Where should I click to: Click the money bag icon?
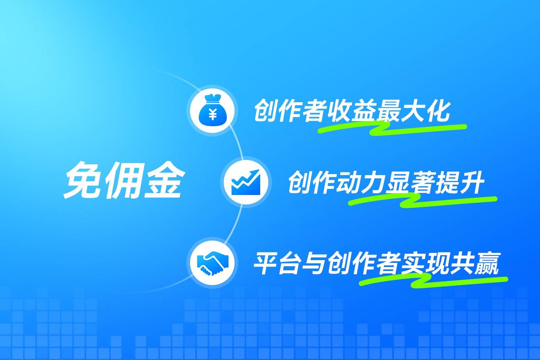click(x=212, y=111)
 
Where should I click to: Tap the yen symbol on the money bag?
click(x=213, y=115)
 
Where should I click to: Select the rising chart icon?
click(x=246, y=182)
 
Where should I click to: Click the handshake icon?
click(x=212, y=264)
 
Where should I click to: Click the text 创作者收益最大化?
click(x=352, y=110)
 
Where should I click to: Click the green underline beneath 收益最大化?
click(x=391, y=129)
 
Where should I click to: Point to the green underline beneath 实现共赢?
click(x=434, y=281)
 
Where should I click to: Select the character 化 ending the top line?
click(x=438, y=110)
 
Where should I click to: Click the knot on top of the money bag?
click(x=212, y=99)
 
